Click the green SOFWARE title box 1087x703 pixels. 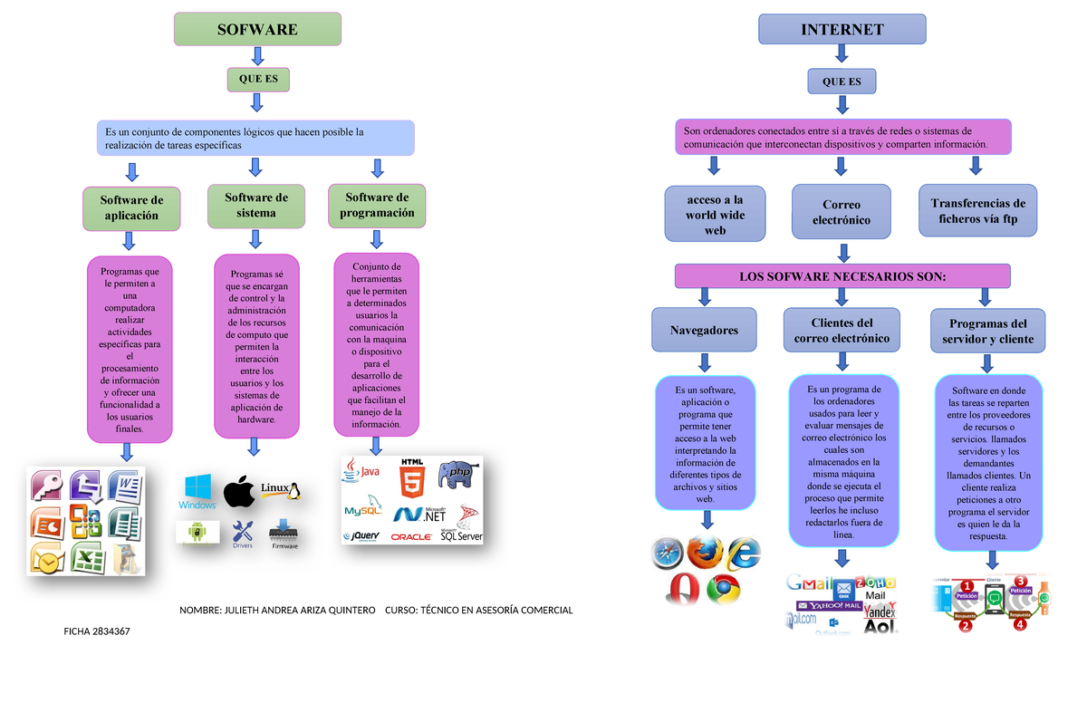click(x=257, y=29)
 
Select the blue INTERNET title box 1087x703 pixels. click(x=842, y=29)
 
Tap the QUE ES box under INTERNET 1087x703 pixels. click(x=842, y=82)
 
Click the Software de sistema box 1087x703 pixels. click(x=256, y=205)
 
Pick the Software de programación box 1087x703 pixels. click(x=377, y=205)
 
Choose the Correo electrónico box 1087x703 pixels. click(x=841, y=212)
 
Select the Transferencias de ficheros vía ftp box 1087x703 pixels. click(x=977, y=211)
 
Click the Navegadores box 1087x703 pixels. click(x=703, y=331)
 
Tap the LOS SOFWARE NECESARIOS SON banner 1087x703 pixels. click(x=842, y=275)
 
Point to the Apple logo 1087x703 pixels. click(x=239, y=492)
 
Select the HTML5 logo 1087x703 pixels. click(x=411, y=477)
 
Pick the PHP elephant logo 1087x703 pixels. click(x=456, y=473)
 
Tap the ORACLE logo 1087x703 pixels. click(x=411, y=536)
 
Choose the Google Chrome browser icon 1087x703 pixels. click(x=724, y=590)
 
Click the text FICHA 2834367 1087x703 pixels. click(x=97, y=631)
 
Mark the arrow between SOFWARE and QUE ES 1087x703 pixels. click(x=257, y=57)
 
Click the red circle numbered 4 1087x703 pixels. click(x=1020, y=623)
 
